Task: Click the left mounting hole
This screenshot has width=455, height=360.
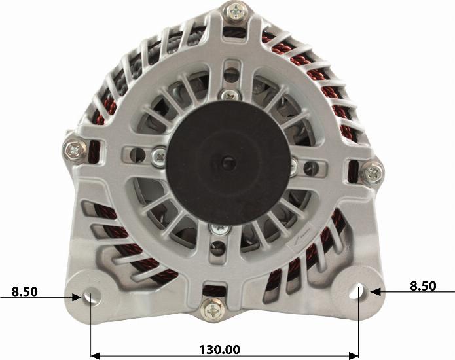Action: point(92,296)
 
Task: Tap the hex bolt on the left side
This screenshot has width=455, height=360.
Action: point(75,151)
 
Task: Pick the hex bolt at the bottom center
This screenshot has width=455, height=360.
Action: point(212,310)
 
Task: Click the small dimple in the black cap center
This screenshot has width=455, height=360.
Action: point(227,162)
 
